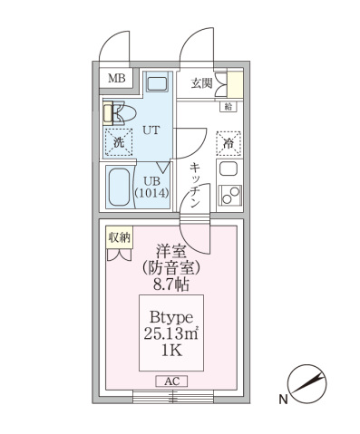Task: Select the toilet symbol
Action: pos(117,113)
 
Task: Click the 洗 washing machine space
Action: pos(118,141)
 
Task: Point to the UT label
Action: pos(151,130)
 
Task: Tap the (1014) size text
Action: pos(151,192)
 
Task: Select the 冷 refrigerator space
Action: pos(229,141)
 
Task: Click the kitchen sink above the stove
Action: pos(229,169)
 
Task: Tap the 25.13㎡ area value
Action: pos(170,333)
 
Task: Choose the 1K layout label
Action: pos(170,352)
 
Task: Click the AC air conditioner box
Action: pos(170,381)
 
